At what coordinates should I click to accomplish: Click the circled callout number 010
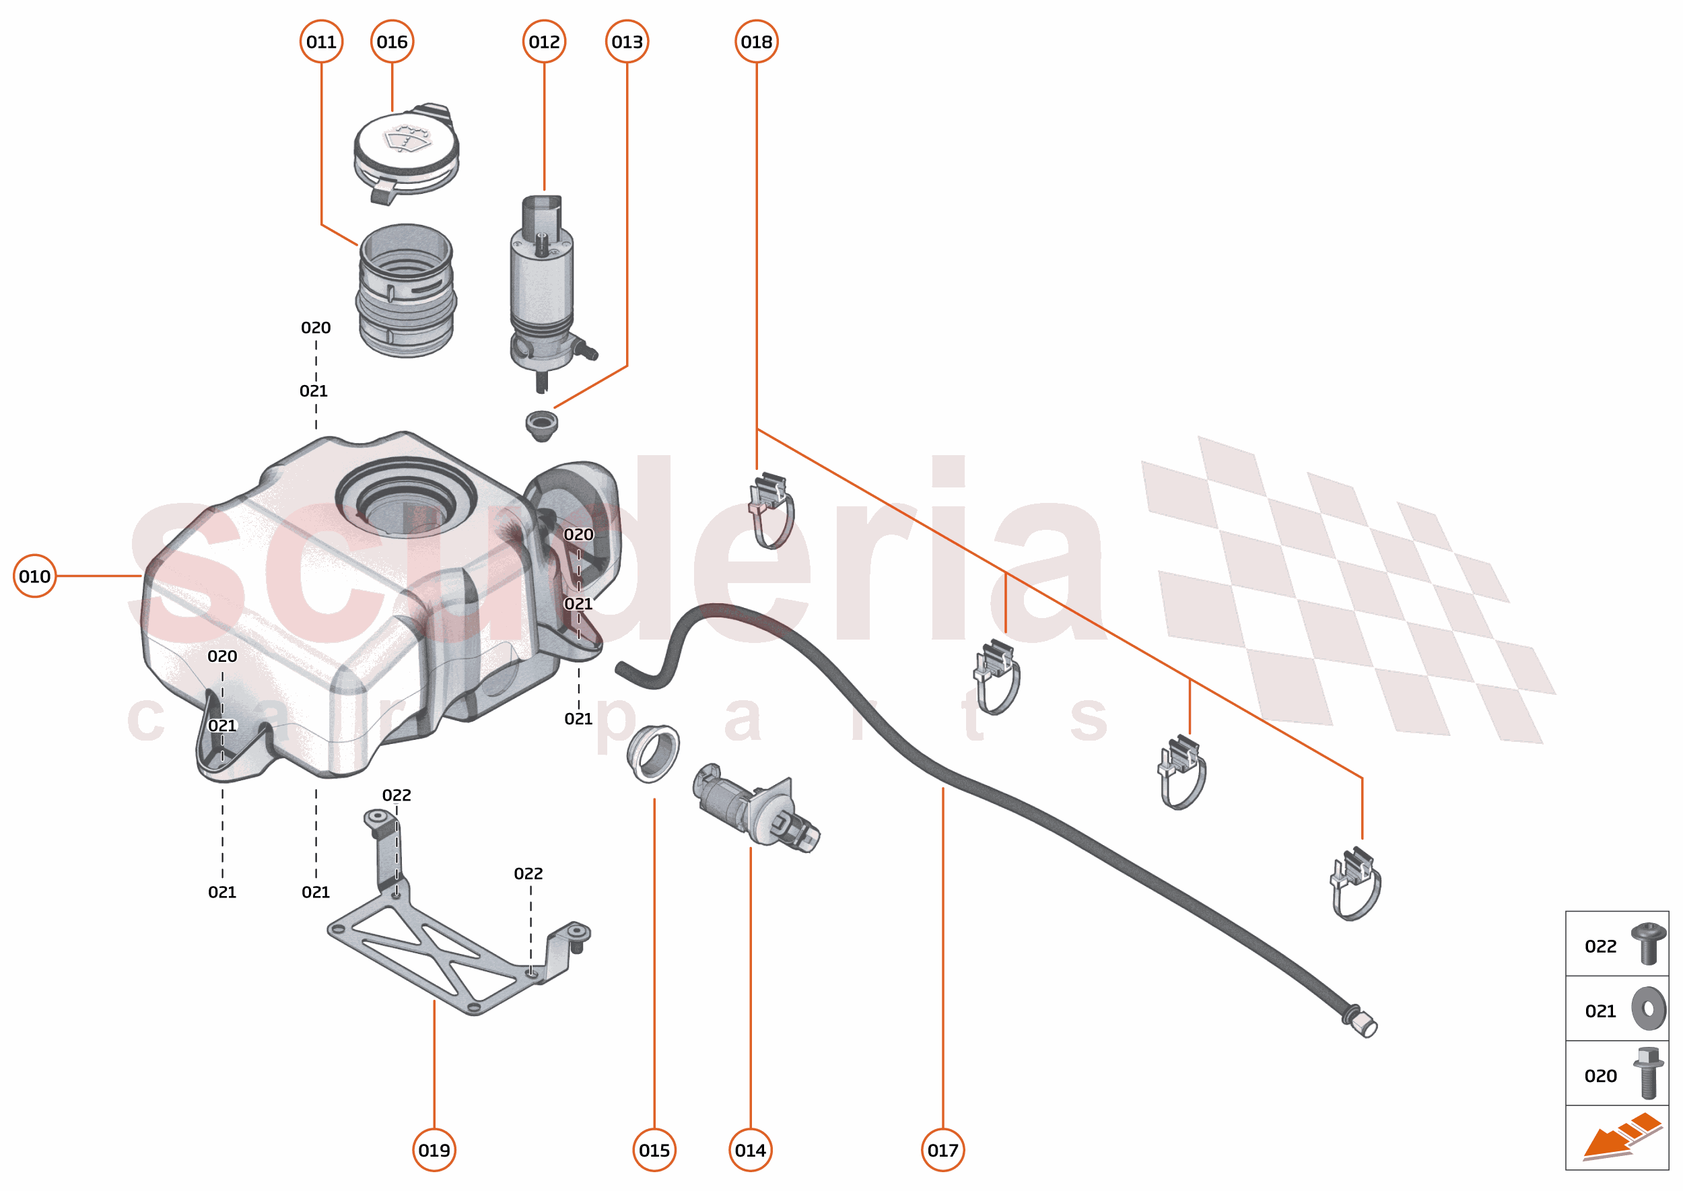pyautogui.click(x=34, y=576)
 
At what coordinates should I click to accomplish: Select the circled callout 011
pyautogui.click(x=321, y=42)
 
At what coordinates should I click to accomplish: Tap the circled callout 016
pyautogui.click(x=392, y=42)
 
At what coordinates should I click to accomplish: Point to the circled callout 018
pyautogui.click(x=756, y=42)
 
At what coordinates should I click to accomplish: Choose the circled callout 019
pyautogui.click(x=434, y=1150)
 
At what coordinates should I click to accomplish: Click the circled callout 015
pyautogui.click(x=654, y=1150)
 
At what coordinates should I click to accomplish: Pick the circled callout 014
pyautogui.click(x=750, y=1150)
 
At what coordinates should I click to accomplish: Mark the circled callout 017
pyautogui.click(x=942, y=1150)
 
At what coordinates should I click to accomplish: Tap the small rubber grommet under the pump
pyautogui.click(x=541, y=425)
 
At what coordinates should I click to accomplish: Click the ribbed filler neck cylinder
pyautogui.click(x=406, y=291)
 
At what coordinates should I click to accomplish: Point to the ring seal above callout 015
pyautogui.click(x=654, y=753)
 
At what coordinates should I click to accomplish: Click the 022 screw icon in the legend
pyautogui.click(x=1649, y=944)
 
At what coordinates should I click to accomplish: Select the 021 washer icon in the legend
pyautogui.click(x=1649, y=1009)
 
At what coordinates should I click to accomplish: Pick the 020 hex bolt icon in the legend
pyautogui.click(x=1649, y=1074)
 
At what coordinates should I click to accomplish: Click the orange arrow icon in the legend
pyautogui.click(x=1620, y=1137)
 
